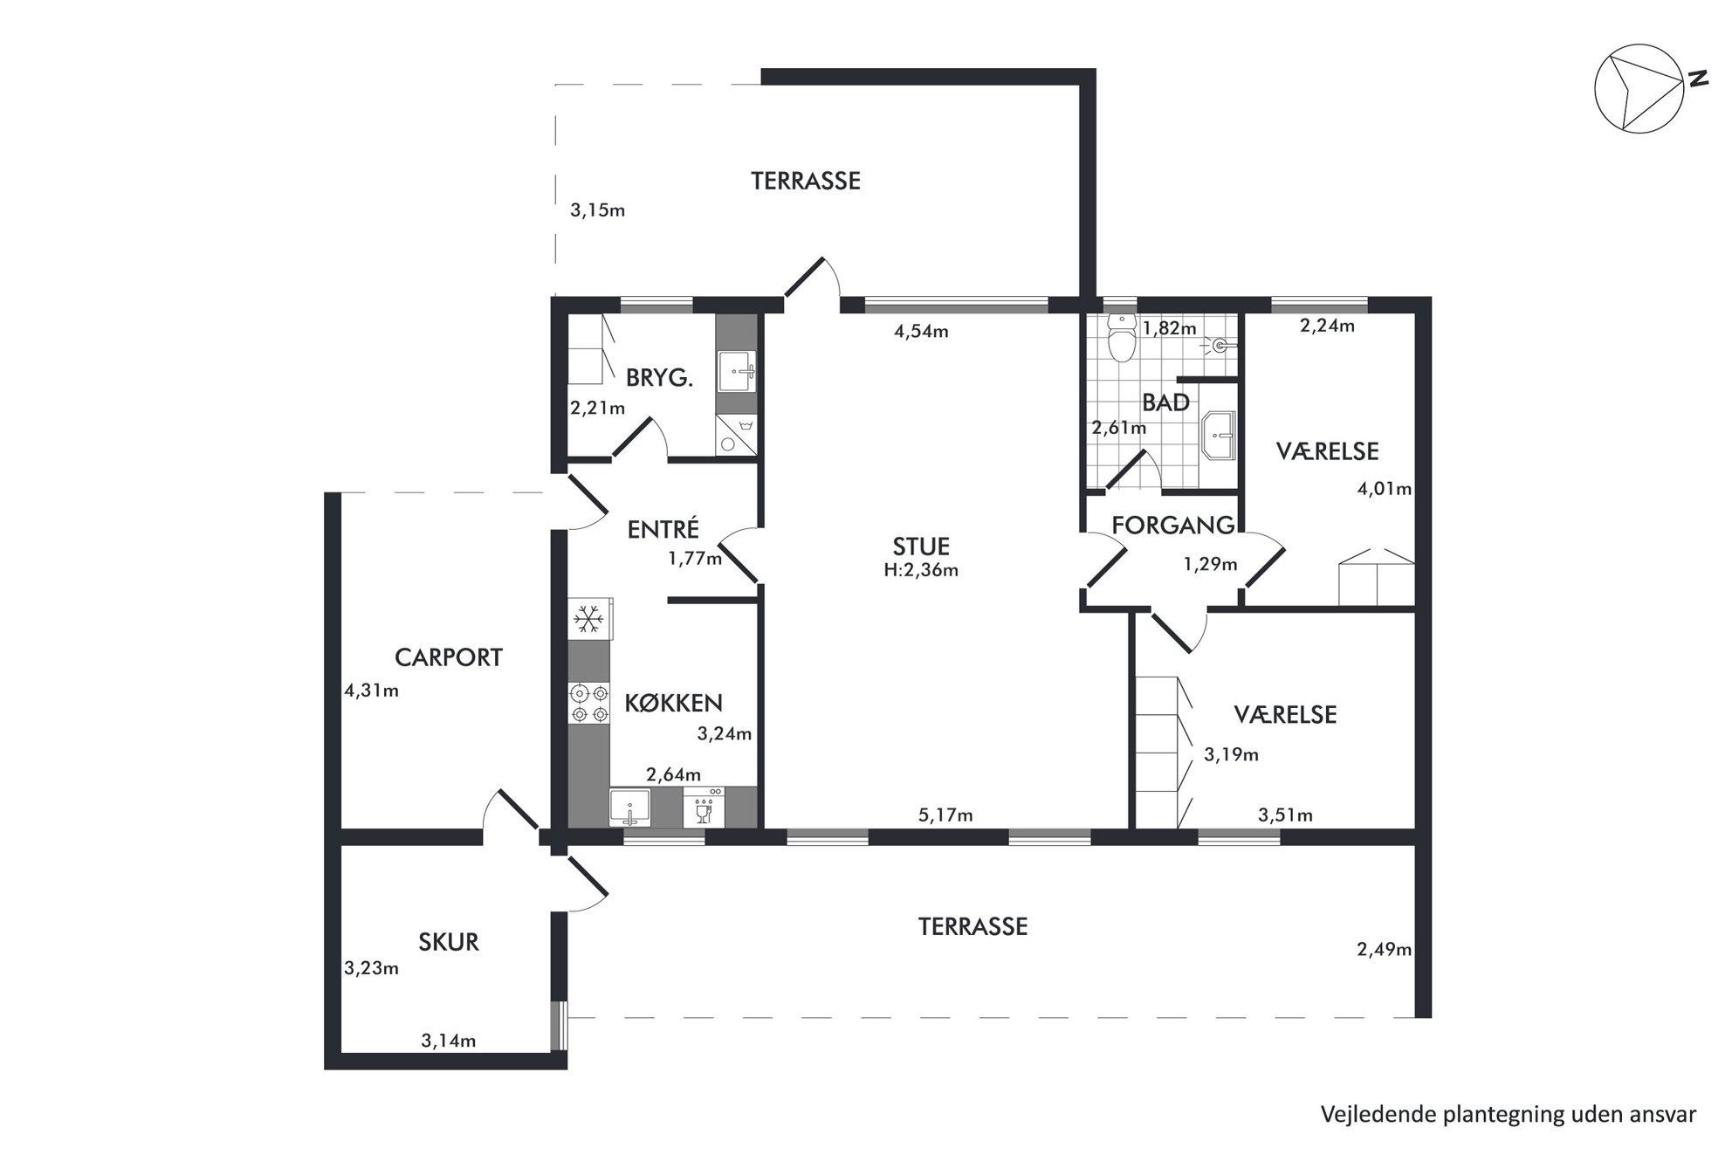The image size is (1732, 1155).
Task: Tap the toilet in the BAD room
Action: (1120, 338)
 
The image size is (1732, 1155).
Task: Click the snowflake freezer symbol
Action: (589, 619)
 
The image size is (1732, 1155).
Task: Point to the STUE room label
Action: (921, 547)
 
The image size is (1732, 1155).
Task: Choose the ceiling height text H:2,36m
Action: (921, 570)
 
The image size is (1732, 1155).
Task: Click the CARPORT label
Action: (449, 657)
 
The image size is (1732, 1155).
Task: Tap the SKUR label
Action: (449, 942)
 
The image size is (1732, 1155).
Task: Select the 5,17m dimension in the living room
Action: (945, 815)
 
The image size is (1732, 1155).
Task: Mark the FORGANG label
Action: (1173, 526)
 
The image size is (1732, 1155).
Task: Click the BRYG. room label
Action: (659, 378)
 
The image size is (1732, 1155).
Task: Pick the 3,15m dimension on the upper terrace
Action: (597, 210)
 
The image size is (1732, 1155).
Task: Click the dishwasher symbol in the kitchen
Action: (703, 807)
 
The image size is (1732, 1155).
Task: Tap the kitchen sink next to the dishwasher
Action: (629, 808)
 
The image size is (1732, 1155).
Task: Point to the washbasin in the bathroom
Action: (1219, 436)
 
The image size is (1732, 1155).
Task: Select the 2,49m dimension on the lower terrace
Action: (1384, 950)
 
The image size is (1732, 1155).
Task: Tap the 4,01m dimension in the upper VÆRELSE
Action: (1384, 489)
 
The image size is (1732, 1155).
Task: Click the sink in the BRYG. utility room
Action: (736, 372)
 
